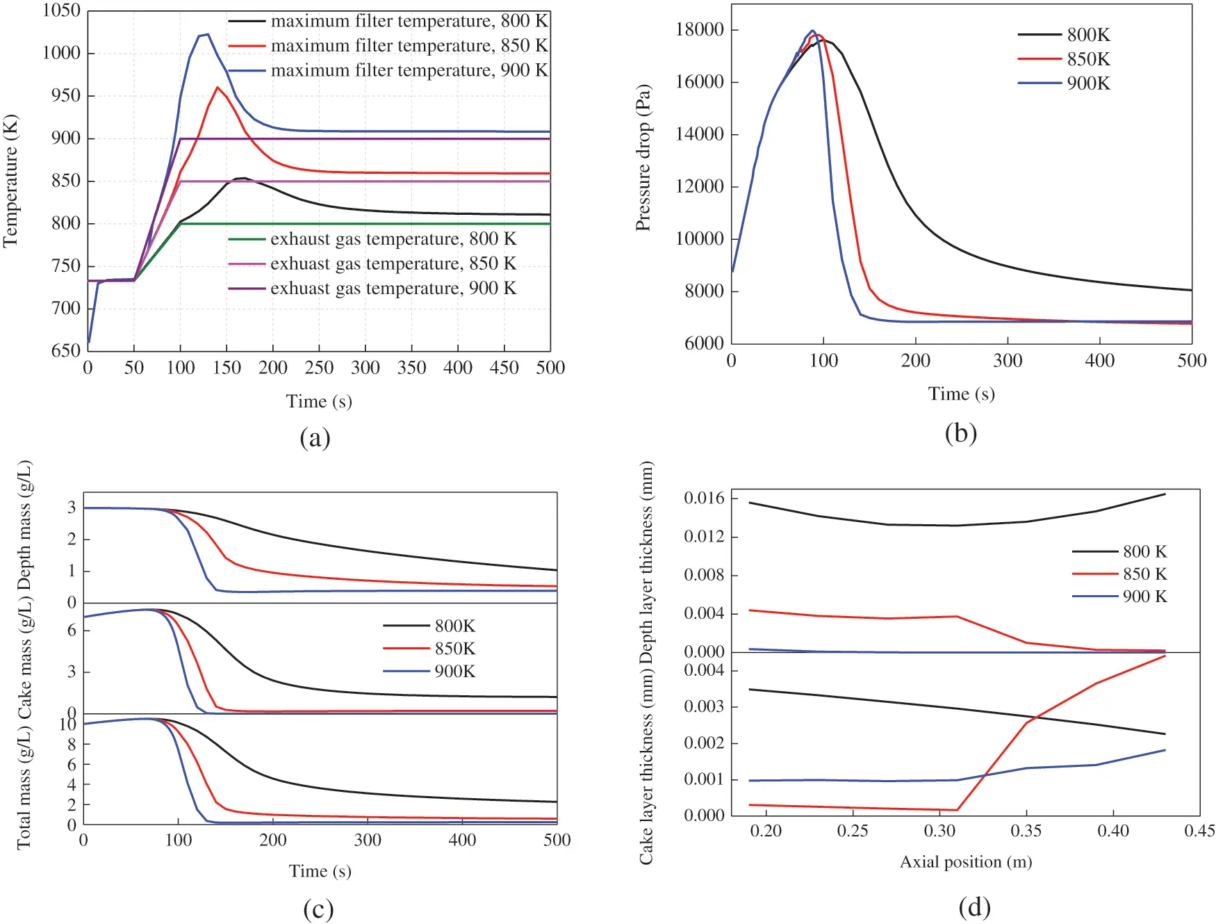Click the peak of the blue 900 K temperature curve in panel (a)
[x=207, y=34]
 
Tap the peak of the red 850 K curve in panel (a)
[x=217, y=88]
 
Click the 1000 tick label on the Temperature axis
[x=61, y=53]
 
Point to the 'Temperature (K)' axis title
[x=10, y=181]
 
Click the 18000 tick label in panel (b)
[x=699, y=29]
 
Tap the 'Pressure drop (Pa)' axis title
[x=643, y=158]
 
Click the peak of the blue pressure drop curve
[x=812, y=31]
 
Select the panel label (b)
[x=961, y=433]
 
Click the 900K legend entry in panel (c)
[x=454, y=671]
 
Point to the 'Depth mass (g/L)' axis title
[x=24, y=525]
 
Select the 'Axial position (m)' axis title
[x=966, y=862]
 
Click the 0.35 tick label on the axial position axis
[x=1026, y=831]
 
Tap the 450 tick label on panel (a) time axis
[x=504, y=368]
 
